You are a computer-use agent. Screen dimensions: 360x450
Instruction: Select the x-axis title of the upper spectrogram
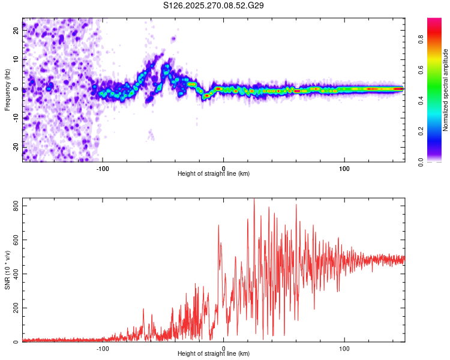[x=214, y=173]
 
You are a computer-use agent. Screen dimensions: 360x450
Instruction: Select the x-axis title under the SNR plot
[x=214, y=353]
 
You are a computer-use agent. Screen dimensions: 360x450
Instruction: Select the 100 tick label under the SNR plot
[x=344, y=347]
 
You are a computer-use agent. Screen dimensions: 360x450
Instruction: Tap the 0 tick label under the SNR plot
[x=224, y=347]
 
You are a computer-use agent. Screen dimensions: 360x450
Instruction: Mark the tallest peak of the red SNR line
[x=254, y=199]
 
